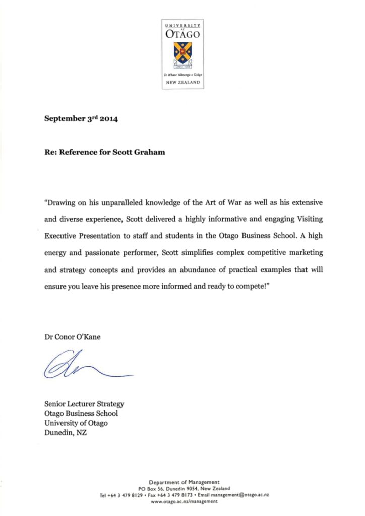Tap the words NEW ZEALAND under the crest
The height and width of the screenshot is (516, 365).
pyautogui.click(x=182, y=82)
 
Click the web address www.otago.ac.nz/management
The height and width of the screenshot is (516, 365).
pyautogui.click(x=184, y=502)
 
